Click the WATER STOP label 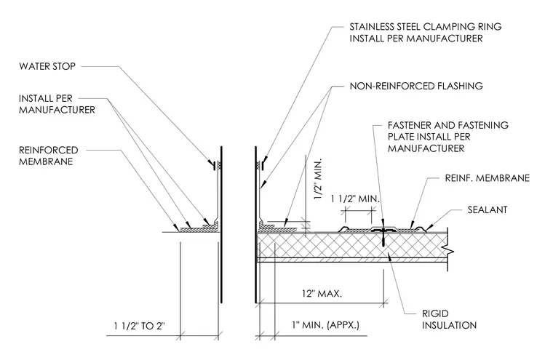pos(47,66)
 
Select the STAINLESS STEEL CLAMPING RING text pos(426,27)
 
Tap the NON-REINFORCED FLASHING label pos(416,86)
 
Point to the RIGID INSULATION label pos(449,319)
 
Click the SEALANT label pos(488,209)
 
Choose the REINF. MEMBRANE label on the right pos(487,178)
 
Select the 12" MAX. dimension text pos(322,293)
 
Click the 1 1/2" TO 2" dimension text pos(139,326)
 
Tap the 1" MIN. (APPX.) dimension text pos(325,325)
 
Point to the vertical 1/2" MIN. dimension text pos(318,179)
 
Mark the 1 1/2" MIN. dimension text pos(355,199)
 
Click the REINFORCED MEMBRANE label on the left pos(48,156)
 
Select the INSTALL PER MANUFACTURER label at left pos(57,104)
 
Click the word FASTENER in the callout pos(409,125)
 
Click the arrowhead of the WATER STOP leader pos(210,164)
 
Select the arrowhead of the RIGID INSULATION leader pos(389,257)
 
